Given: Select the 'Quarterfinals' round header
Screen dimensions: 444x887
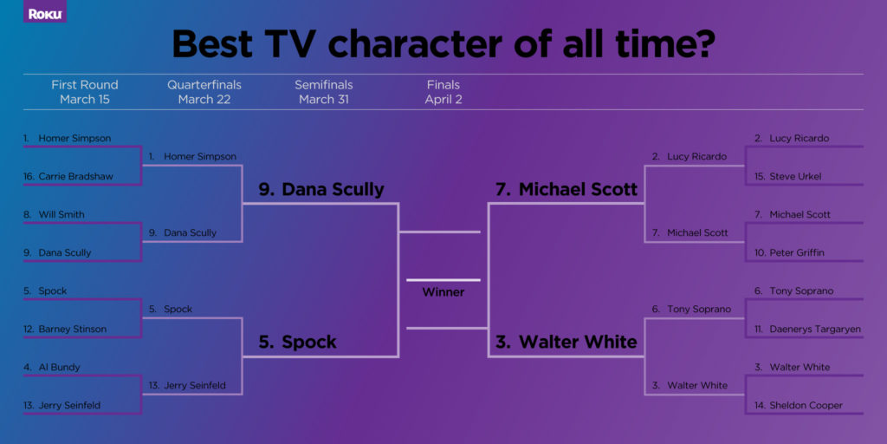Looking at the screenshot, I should [204, 85].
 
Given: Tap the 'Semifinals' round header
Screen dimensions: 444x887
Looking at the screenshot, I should [323, 85].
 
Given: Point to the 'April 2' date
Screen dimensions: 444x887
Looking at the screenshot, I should [443, 100].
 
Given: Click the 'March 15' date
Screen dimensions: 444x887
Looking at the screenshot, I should [84, 100].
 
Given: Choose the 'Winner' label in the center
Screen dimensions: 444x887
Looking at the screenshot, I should [443, 292].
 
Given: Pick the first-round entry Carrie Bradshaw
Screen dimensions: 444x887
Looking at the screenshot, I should [75, 177].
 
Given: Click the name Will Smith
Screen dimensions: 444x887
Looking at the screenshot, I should [61, 215].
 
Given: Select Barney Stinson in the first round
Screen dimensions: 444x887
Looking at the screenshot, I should [72, 330].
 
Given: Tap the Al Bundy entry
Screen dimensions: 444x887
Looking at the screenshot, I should [58, 368].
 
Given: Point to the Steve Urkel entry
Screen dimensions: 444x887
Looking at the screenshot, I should [795, 177].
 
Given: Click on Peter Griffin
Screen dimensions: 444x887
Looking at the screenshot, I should [797, 253].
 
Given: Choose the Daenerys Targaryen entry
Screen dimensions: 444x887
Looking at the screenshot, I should [808, 330].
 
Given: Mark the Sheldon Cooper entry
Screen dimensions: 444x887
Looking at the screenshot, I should [806, 406].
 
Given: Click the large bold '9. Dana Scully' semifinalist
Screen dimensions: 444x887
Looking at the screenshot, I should [320, 190].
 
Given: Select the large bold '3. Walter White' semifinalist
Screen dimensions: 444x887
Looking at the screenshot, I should [566, 343].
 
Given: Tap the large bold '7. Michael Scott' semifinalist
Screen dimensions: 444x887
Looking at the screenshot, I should [566, 190].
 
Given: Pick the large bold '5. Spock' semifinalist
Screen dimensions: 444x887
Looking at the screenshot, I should [297, 343].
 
